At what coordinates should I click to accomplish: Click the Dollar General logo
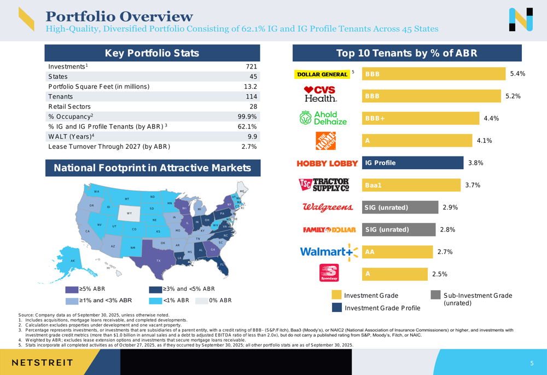tap(322, 74)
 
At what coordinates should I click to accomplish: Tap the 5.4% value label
tap(517, 73)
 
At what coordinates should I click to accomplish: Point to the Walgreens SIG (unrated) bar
tap(399, 207)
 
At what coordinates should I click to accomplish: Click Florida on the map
tap(222, 266)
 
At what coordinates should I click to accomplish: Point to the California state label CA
tap(88, 232)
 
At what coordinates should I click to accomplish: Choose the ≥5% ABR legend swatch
tap(72, 289)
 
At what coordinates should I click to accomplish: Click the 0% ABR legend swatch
tap(202, 300)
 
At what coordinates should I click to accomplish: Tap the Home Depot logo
tap(325, 141)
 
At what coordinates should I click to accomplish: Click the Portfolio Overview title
tap(119, 16)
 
